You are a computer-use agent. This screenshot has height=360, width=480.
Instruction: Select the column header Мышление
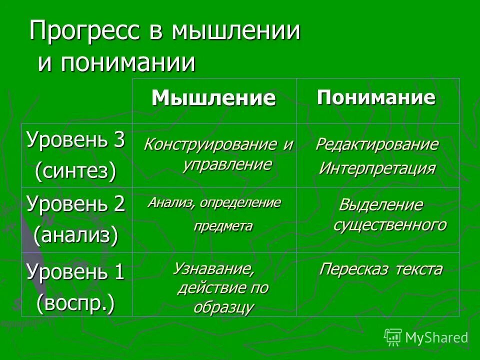point(213,98)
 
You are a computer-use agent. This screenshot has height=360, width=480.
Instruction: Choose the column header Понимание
point(376,97)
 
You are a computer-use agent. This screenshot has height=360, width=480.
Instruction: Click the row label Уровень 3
point(75,140)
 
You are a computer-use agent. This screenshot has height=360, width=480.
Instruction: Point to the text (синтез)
point(75,171)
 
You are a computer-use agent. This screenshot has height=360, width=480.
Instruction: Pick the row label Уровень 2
point(75,204)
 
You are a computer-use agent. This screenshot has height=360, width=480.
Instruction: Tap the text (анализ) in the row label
point(75,235)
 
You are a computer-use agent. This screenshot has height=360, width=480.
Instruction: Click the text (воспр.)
point(75,303)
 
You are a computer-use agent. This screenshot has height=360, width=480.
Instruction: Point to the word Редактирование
point(376,145)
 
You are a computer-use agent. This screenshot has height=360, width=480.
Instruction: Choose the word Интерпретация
point(377,167)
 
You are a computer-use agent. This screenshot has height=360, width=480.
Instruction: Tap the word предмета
point(223,226)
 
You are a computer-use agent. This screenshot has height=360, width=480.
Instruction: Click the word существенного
point(389,225)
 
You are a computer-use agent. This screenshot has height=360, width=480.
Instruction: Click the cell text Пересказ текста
point(380,269)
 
